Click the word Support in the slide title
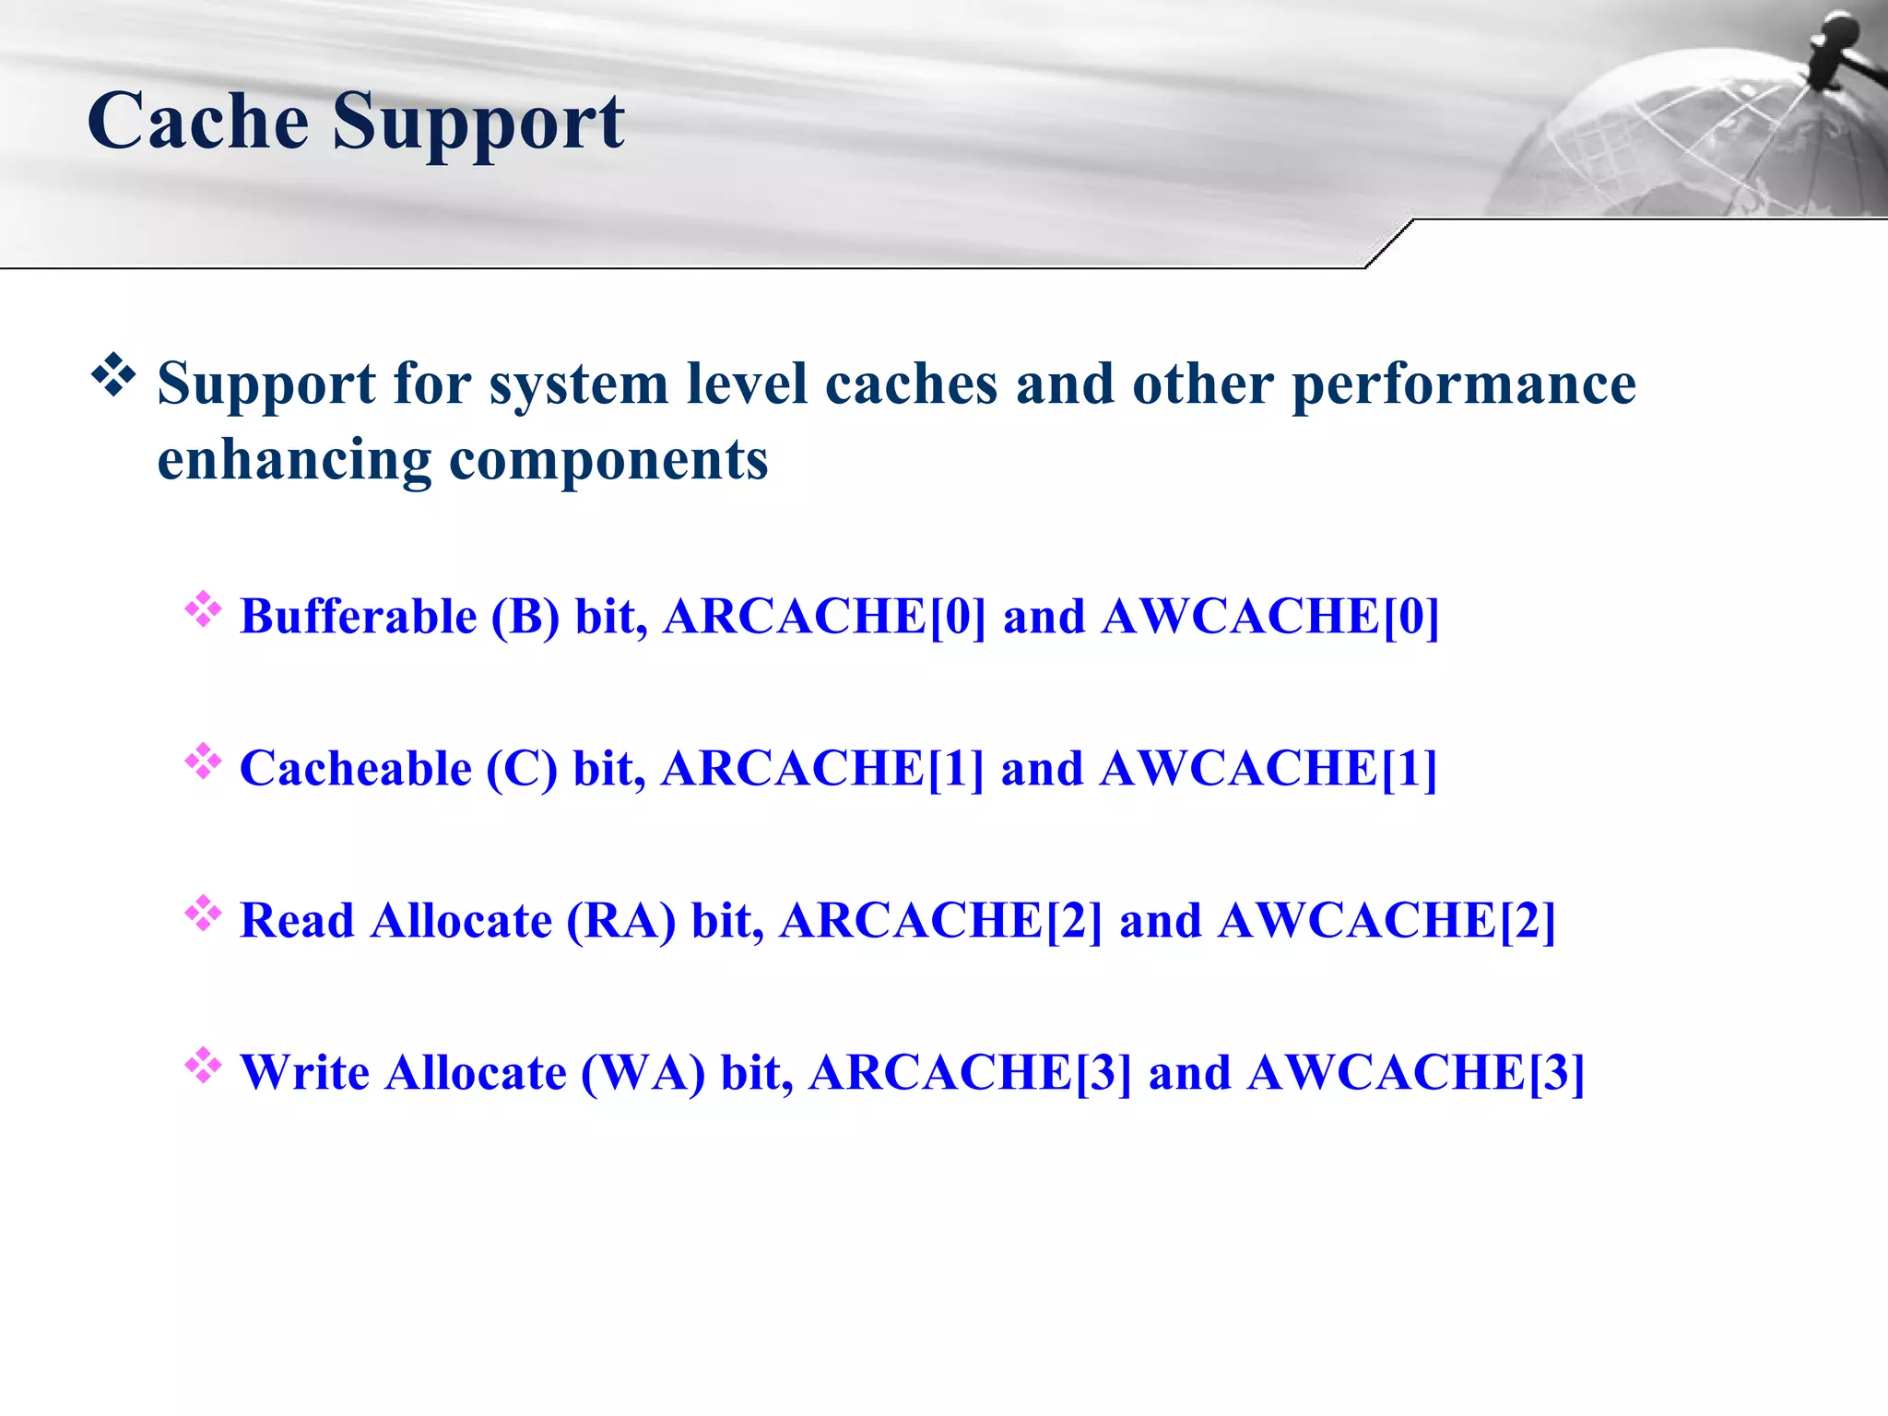coord(478,123)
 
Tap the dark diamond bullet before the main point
coord(113,375)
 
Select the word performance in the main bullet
coord(1463,384)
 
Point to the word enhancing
coord(294,460)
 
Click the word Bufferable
coord(358,616)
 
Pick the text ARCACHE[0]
coord(824,616)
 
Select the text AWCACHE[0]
coord(1269,616)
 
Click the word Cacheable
coord(355,768)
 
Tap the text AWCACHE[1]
coord(1268,768)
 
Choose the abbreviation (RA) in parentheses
coord(620,920)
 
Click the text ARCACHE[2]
coord(940,920)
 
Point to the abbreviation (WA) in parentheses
coord(643,1072)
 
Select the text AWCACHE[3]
coord(1415,1072)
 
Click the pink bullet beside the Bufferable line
coord(203,609)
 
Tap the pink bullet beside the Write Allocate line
coord(203,1066)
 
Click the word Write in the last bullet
coord(304,1072)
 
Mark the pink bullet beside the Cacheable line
coord(203,761)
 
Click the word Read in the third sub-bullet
coord(297,920)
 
